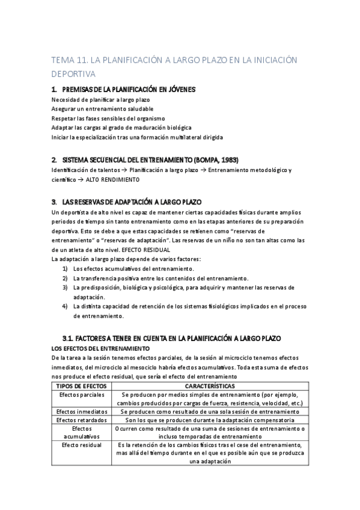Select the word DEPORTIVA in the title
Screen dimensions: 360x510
tap(74, 74)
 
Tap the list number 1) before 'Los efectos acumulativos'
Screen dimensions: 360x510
tap(65, 268)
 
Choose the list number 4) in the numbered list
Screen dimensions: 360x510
tap(65, 306)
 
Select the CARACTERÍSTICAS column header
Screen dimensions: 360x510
tap(210, 386)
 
